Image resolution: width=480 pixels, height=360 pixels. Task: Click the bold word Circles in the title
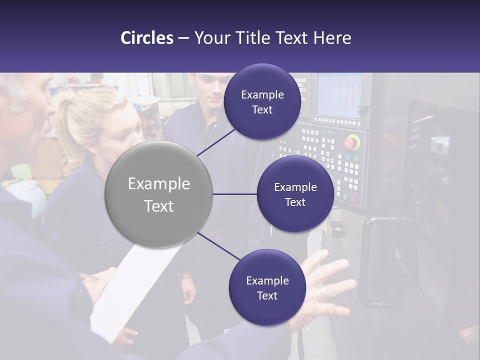pos(147,38)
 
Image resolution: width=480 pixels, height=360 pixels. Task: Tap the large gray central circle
pos(158,194)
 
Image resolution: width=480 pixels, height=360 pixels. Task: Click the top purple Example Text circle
pos(262,101)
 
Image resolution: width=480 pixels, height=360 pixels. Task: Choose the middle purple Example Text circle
pos(295,194)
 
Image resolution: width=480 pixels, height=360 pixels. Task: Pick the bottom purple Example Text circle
pos(267,287)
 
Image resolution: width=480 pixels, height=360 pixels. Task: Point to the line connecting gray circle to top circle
pos(217,141)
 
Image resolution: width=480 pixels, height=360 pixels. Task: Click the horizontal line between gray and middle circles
pos(234,194)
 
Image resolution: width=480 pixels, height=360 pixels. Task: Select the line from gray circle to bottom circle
pos(218,246)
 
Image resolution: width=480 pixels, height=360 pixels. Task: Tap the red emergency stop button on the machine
pos(352,142)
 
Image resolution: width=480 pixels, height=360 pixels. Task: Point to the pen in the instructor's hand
pos(89,275)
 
